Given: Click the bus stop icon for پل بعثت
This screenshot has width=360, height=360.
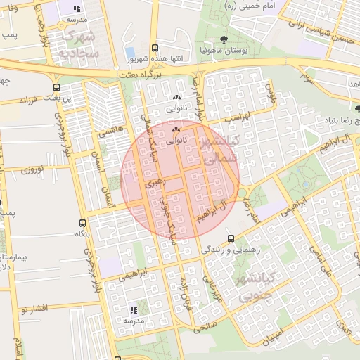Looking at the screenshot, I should coord(56,88).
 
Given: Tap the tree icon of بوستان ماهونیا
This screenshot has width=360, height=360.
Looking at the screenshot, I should coord(224,39).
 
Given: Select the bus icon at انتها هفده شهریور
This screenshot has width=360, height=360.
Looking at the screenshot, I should coord(155,48).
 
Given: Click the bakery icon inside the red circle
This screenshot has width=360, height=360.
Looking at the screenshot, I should coord(176,130).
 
